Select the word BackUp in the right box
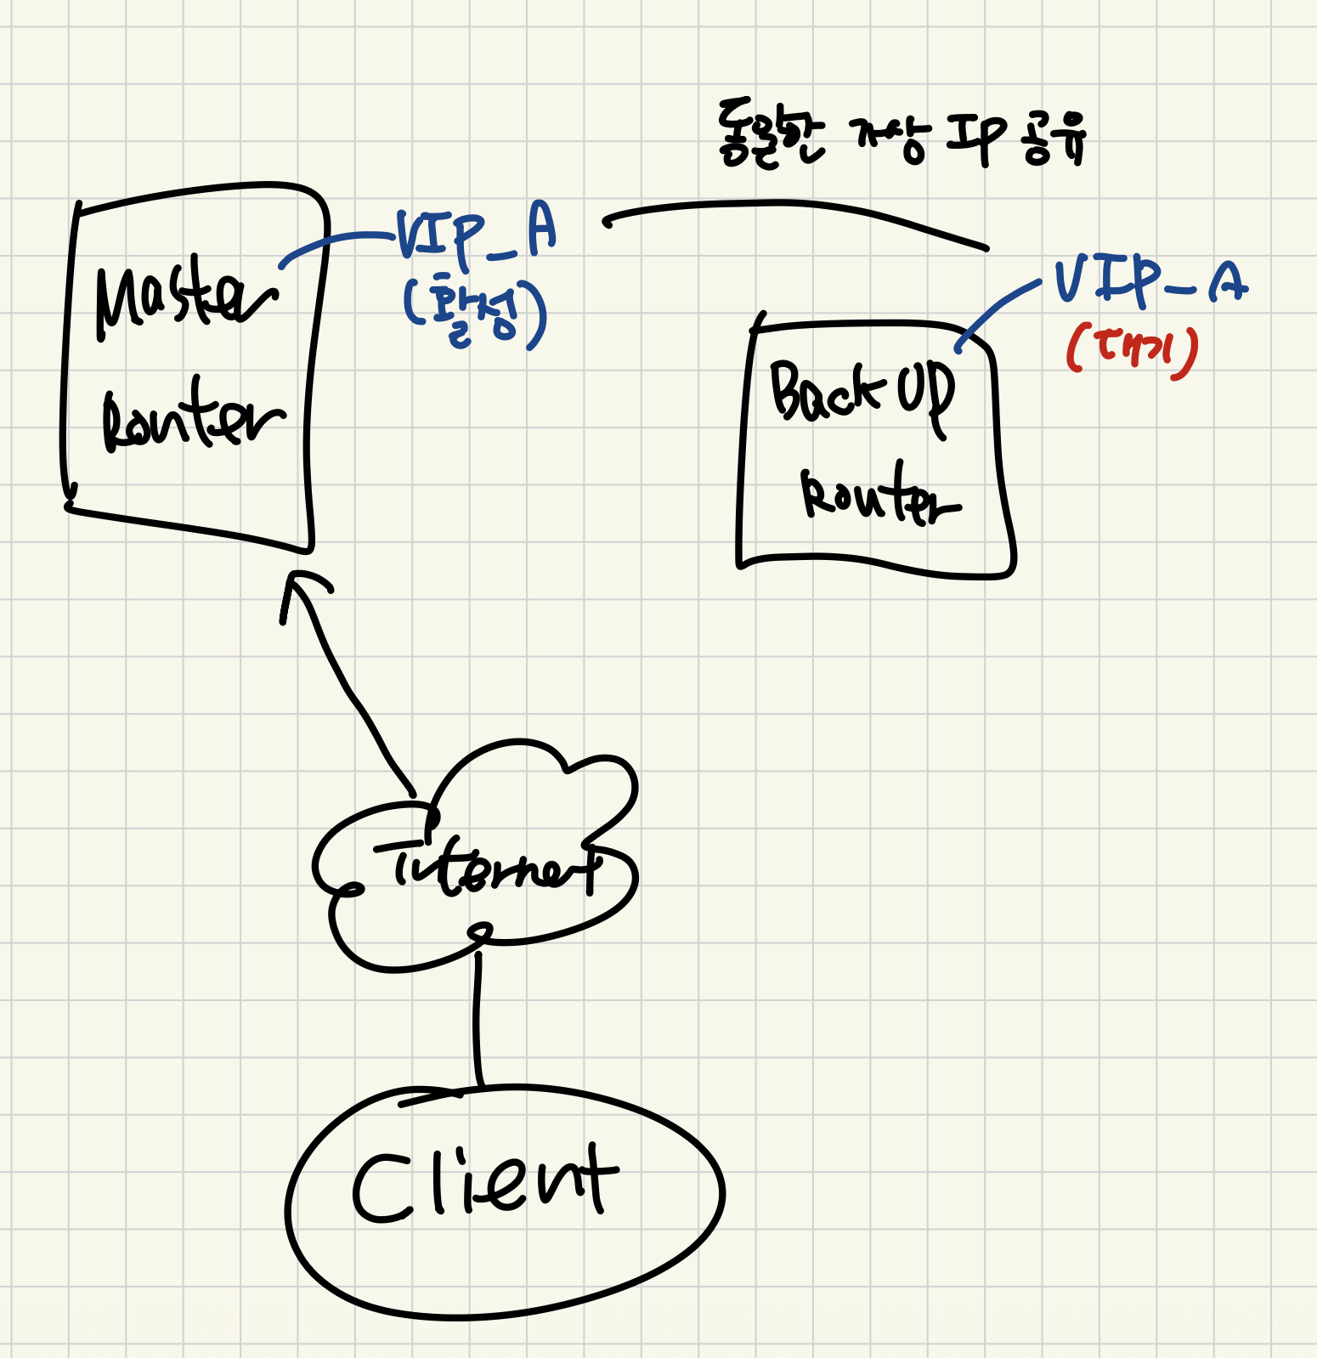click(x=861, y=393)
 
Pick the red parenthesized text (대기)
click(x=1133, y=350)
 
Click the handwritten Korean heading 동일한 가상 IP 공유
click(x=901, y=136)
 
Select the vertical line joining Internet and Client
click(x=478, y=1020)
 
